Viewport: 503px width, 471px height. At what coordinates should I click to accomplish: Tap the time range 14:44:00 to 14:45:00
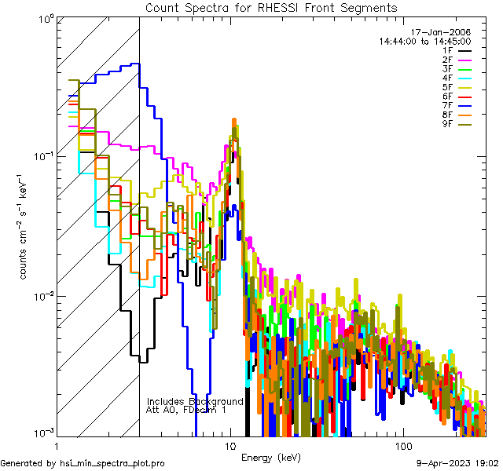click(424, 41)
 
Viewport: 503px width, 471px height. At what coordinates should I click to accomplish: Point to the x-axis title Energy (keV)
click(271, 457)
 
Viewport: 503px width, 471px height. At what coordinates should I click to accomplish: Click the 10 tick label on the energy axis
click(230, 445)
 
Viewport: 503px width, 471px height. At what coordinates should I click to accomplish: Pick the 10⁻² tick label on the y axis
click(42, 296)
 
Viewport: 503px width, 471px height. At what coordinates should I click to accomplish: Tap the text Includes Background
click(195, 401)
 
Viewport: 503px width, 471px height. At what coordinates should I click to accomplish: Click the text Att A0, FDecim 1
click(186, 410)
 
